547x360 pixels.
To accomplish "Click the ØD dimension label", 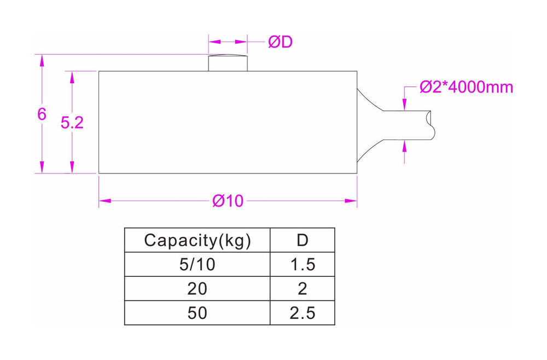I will coord(280,42).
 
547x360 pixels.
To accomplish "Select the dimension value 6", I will coord(42,114).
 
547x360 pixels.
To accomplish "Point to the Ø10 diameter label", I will coord(228,201).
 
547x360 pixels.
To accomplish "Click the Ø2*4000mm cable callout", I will coord(466,87).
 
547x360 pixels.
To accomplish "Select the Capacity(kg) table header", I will coord(197,240).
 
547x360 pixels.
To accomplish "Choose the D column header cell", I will coord(302,240).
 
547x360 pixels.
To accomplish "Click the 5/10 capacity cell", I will coord(197,265).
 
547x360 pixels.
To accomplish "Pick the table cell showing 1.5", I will coord(302,265).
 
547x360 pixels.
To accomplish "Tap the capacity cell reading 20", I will coord(197,289).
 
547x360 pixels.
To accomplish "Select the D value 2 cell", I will coord(302,289).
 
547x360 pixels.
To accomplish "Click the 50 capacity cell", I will coord(197,313).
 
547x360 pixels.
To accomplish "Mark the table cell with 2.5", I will coord(302,313).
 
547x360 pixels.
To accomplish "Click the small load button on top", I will coord(228,63).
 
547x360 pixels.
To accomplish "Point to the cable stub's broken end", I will coord(432,125).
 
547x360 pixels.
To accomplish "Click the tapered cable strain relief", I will coord(369,125).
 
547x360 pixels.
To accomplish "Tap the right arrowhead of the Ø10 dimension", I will coord(352,201).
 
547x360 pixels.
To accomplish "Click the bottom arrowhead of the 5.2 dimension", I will coord(72,169).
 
